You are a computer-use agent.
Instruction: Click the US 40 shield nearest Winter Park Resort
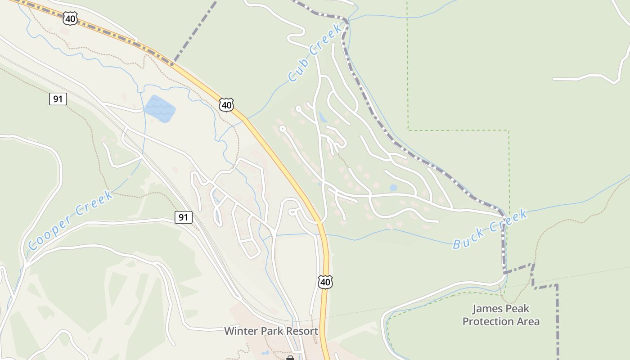pos(325,282)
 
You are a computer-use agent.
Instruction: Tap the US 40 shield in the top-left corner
pos(70,18)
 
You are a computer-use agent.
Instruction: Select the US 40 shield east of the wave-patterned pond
pos(226,105)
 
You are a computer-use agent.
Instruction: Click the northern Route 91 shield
pos(58,99)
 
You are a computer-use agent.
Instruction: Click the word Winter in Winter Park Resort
pos(242,332)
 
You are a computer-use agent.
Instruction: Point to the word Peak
pos(517,309)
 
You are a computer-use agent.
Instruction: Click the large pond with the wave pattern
pos(159,108)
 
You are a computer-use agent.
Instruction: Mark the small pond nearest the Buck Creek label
pos(393,188)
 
